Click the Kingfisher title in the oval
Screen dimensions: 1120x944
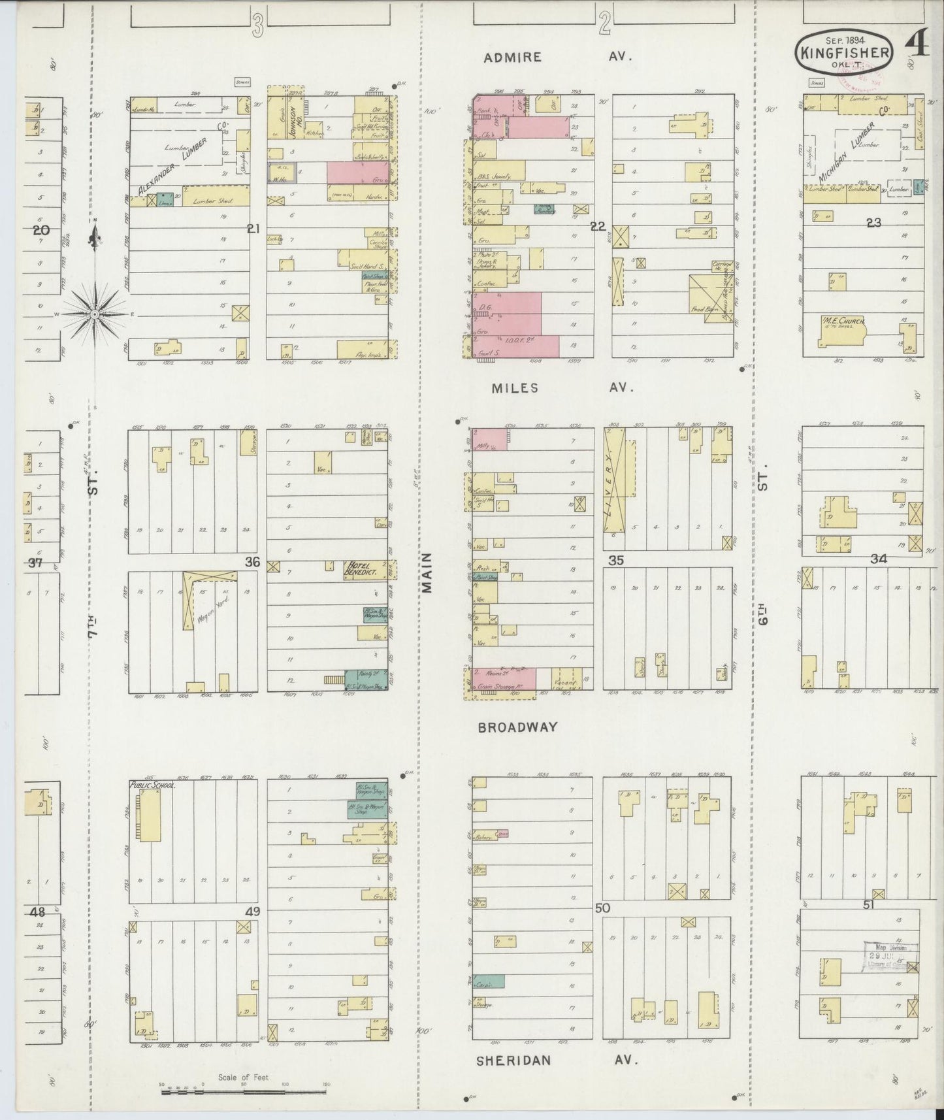843,52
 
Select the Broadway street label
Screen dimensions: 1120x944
517,727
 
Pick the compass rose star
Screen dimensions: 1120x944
95,314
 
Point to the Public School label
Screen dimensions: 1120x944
152,785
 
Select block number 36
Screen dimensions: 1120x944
252,561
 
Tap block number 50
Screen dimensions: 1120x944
602,908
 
